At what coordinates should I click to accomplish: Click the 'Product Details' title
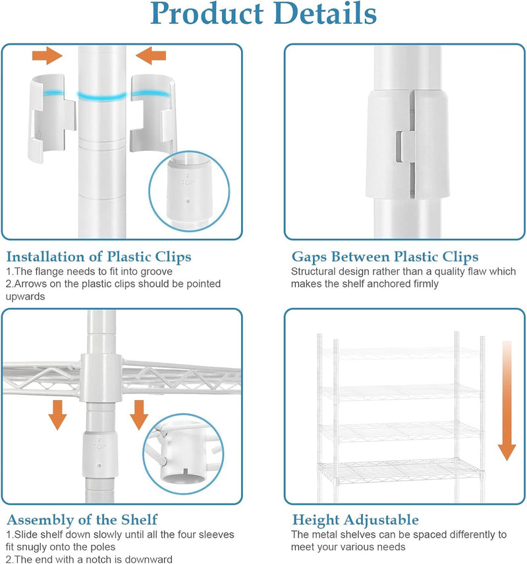tap(263, 13)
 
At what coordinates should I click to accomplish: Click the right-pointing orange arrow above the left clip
tap(47, 56)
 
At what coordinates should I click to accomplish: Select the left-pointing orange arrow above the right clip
tap(150, 56)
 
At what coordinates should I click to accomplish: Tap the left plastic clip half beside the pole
tap(51, 117)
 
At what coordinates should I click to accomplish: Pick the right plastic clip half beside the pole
tap(153, 113)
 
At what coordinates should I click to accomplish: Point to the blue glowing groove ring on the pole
tap(102, 96)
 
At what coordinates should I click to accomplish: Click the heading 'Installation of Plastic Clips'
tap(99, 257)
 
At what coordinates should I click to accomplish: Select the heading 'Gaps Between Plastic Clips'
tap(385, 257)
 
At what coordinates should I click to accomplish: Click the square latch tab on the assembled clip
tap(404, 147)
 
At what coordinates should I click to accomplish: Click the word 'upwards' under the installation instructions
tap(25, 297)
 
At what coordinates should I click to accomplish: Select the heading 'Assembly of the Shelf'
tap(82, 520)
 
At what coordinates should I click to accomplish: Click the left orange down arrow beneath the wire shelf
tap(57, 415)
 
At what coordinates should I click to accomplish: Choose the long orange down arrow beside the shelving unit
tap(507, 400)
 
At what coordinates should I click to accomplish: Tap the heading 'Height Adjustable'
tap(355, 520)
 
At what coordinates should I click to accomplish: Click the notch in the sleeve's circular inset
tap(185, 473)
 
